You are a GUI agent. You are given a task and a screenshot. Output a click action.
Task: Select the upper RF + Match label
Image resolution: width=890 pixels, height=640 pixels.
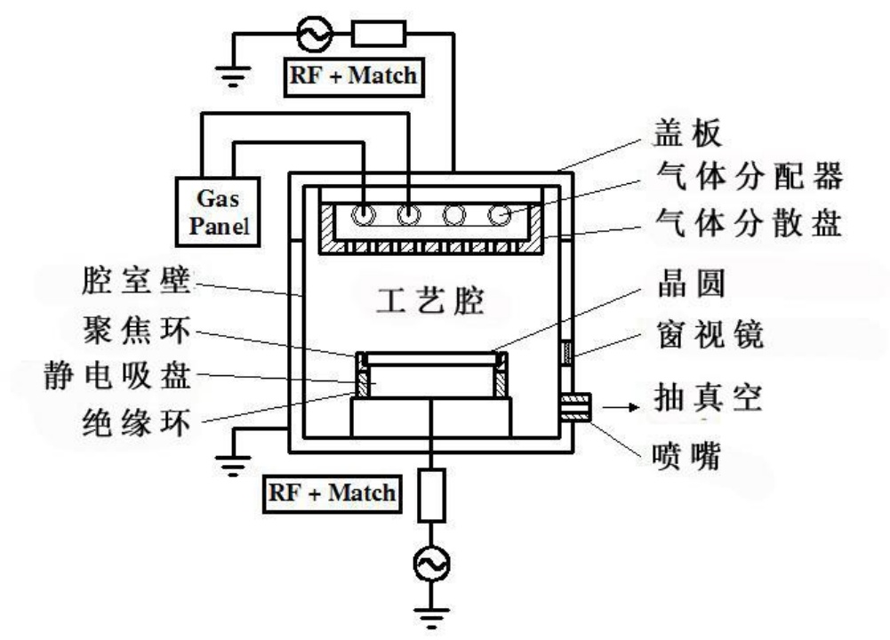pyautogui.click(x=352, y=75)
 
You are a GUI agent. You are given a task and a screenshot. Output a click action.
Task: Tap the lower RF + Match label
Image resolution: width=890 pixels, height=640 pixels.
pyautogui.click(x=330, y=492)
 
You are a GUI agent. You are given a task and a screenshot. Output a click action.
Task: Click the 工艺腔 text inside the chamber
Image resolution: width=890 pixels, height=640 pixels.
pyautogui.click(x=432, y=302)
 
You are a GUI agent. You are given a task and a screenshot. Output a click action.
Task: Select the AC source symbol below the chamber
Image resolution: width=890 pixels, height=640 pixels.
pyautogui.click(x=432, y=562)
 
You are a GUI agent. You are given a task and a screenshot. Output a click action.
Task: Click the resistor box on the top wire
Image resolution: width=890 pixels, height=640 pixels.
pyautogui.click(x=379, y=35)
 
